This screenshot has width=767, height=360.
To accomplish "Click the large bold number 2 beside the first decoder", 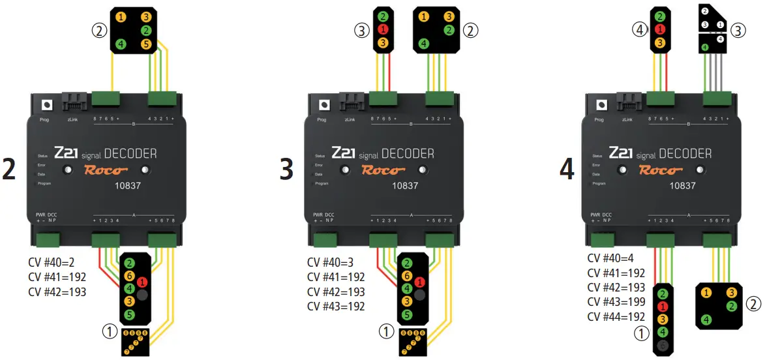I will coord(9,169).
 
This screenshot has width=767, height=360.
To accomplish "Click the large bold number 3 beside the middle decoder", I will coord(286,169).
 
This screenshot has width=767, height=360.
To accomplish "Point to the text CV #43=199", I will coord(616,302).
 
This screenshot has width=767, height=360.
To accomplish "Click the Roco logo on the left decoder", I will coord(105,170).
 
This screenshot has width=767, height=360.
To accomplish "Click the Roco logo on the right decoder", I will coord(659,170).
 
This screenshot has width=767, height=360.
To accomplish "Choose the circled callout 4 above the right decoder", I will coord(640,29).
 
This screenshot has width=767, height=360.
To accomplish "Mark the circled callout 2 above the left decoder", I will coord(100,29).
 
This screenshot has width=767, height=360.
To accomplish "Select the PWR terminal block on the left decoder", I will coord(48,240).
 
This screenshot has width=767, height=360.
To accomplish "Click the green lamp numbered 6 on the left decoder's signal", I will coord(130,275).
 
